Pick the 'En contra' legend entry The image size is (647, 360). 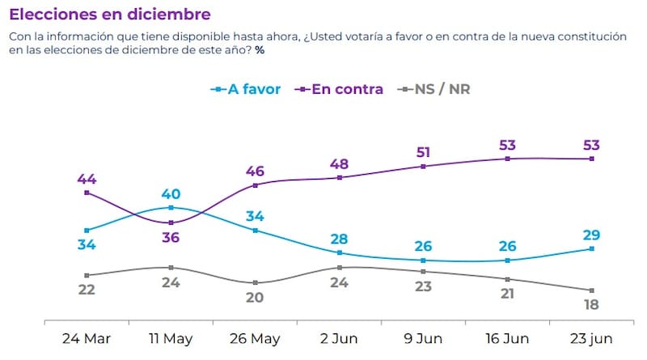(x=340, y=89)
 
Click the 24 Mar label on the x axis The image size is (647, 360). (x=87, y=338)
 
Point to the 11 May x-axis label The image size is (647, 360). (x=171, y=338)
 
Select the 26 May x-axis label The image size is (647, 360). (x=256, y=338)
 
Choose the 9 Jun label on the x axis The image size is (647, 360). (x=423, y=338)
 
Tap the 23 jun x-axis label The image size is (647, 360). (x=592, y=338)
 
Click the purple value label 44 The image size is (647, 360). (x=87, y=179)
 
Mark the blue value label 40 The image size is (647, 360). (x=171, y=194)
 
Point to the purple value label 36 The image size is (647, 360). (x=171, y=237)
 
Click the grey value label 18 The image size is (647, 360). (x=592, y=305)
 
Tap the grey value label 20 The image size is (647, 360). (x=256, y=297)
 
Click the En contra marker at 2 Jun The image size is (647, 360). (x=340, y=177)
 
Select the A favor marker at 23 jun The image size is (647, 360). (x=592, y=249)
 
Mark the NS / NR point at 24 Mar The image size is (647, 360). (x=87, y=275)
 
